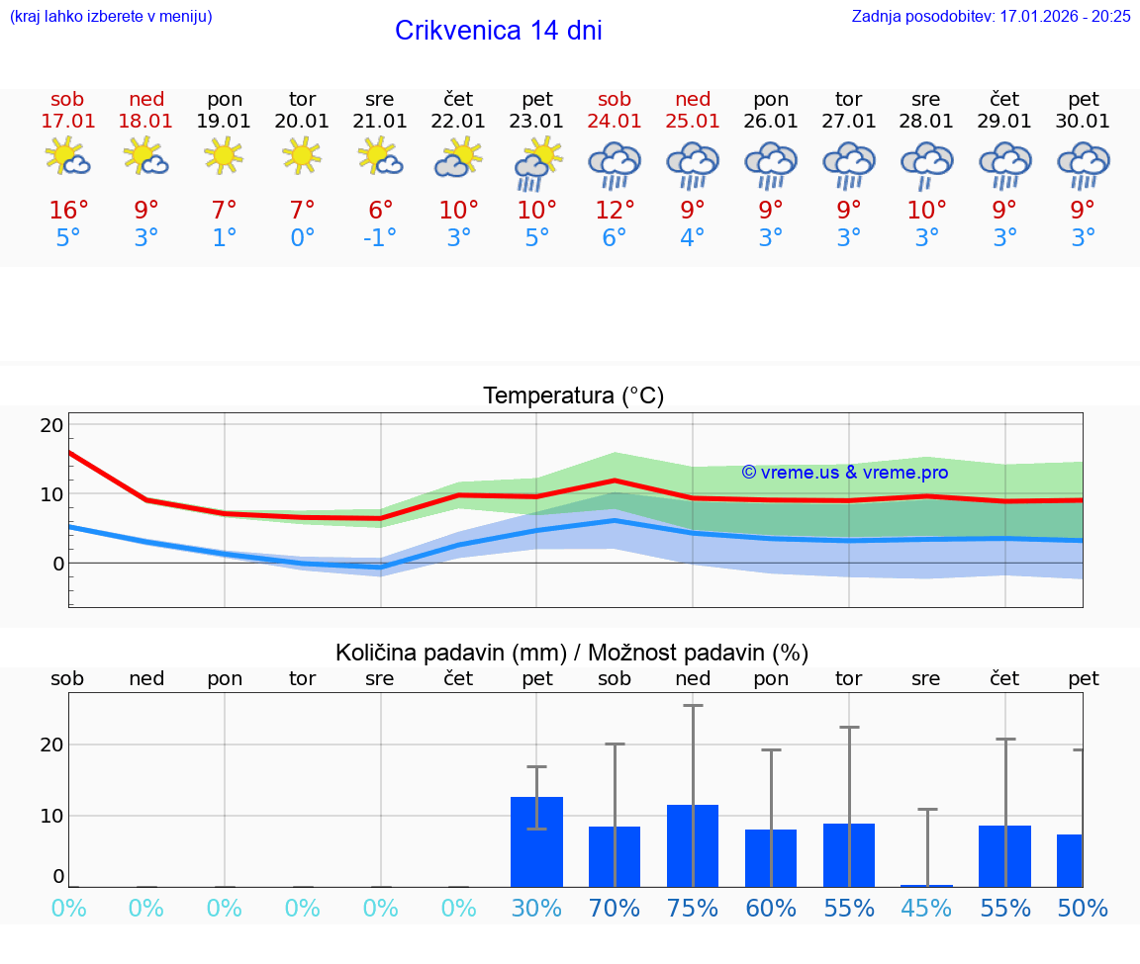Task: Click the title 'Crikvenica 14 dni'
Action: (x=498, y=31)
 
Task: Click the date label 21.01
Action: (x=380, y=122)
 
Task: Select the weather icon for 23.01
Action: (x=536, y=163)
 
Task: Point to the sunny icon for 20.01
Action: (x=302, y=155)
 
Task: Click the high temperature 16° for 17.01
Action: (x=68, y=211)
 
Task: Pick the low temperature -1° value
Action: (x=380, y=238)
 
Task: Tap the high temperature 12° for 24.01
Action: (x=615, y=211)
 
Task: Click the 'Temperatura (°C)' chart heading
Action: (x=573, y=396)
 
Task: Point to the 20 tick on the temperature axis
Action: (x=51, y=425)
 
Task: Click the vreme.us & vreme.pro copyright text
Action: (x=844, y=473)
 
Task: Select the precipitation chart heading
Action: (x=572, y=653)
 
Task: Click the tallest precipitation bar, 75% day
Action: (x=693, y=845)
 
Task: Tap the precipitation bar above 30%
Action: (x=536, y=841)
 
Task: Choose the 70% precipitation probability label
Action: (x=615, y=908)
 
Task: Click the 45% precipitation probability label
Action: (x=927, y=908)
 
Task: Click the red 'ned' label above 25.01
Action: (x=693, y=100)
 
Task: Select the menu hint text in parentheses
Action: (x=111, y=17)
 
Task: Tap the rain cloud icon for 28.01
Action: (x=927, y=163)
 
